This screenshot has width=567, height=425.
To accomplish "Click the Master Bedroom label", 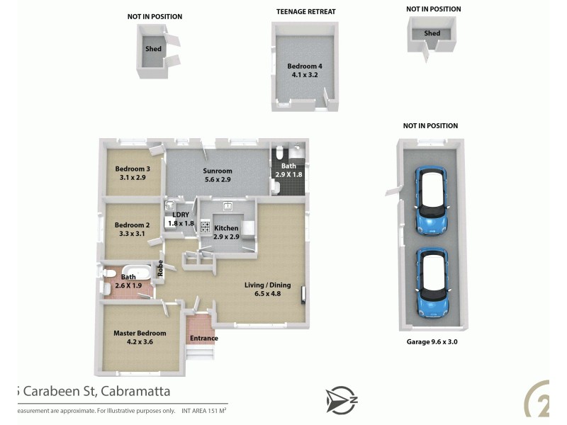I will point(140,333).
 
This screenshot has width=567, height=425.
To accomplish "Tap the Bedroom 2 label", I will point(132,225).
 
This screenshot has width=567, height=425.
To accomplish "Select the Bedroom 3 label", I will point(133,169).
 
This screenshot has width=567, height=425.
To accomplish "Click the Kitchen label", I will point(226,228).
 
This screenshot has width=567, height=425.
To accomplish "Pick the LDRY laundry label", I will point(180,215).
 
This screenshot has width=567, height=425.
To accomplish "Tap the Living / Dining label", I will point(267,285).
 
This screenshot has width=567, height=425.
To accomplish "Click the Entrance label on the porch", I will point(204,338).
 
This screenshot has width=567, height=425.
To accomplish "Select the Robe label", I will point(160,268).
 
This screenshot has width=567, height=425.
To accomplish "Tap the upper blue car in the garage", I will point(432,200).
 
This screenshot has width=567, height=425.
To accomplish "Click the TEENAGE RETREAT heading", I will point(305,12).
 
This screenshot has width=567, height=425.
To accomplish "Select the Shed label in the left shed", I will point(153,49).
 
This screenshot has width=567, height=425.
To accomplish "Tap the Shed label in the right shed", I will point(432,33).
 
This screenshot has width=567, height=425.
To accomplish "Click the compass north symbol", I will point(341,399).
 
